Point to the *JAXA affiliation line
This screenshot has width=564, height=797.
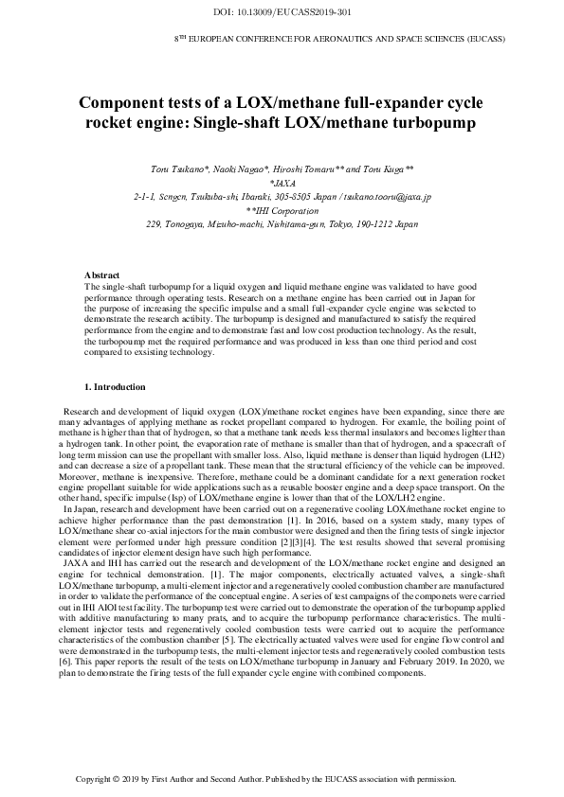click(x=282, y=183)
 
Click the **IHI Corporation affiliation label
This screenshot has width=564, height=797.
click(x=282, y=211)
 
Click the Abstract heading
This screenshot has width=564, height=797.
click(x=102, y=275)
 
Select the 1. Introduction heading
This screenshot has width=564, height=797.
click(x=115, y=387)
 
